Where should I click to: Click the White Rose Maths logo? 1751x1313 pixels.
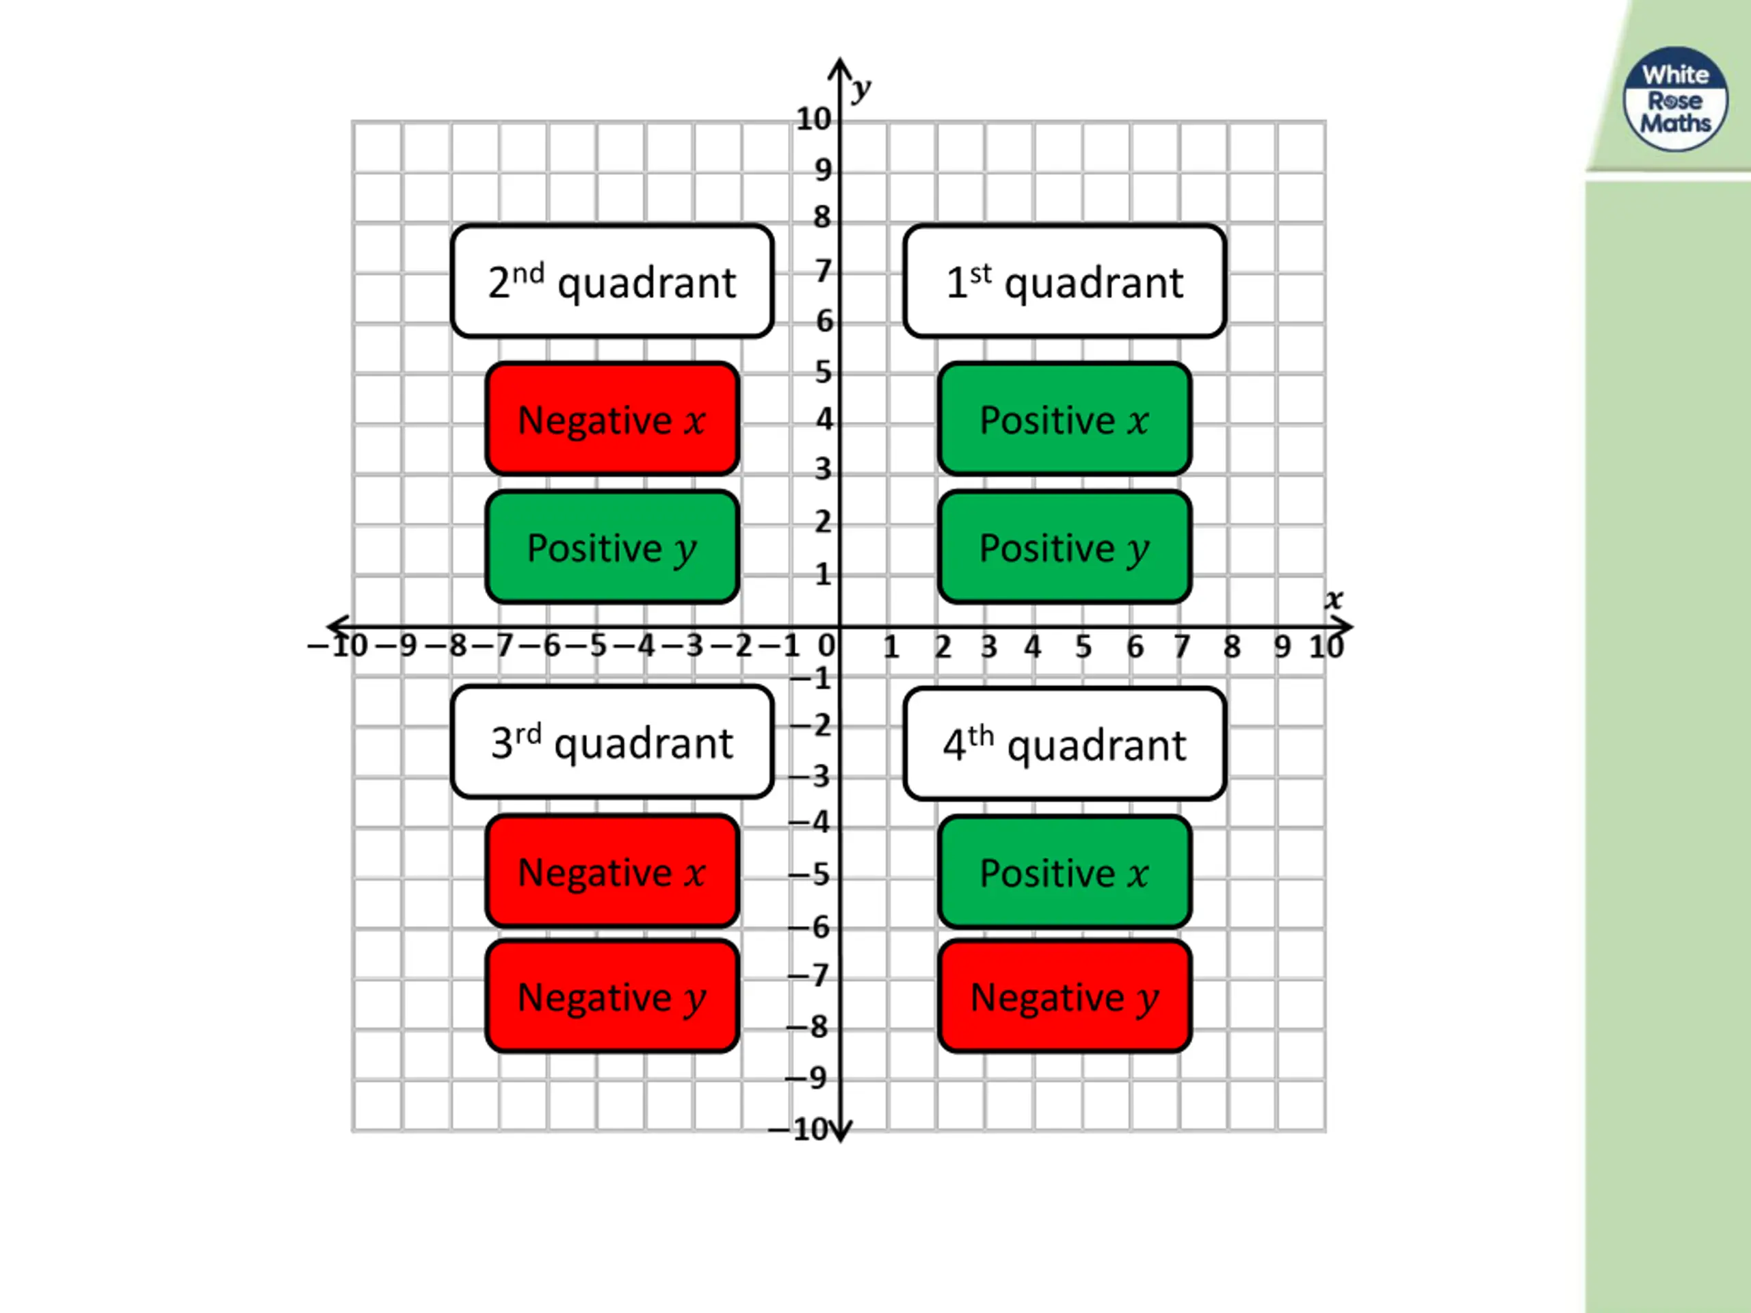tap(1674, 99)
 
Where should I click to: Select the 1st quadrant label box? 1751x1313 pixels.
tap(1064, 282)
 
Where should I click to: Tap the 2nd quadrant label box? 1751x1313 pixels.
tap(612, 282)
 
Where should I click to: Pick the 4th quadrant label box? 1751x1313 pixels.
tap(1064, 744)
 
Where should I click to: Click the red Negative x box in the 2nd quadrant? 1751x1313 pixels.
tap(612, 419)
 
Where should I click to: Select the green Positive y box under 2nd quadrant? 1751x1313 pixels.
tap(612, 547)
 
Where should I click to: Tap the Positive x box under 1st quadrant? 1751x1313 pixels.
tap(1064, 419)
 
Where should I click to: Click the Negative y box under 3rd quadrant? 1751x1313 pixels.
tap(612, 996)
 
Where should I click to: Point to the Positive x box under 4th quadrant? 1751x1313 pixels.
tap(1064, 872)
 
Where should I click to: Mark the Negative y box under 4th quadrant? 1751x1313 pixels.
tap(1064, 996)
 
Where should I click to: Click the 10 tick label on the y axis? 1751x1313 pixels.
tap(813, 120)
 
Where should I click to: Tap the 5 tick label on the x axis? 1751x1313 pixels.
tap(1083, 648)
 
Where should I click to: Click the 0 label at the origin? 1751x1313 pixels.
tap(826, 646)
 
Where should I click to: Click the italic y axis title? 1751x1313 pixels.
tap(861, 89)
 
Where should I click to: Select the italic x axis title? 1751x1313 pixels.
tap(1334, 599)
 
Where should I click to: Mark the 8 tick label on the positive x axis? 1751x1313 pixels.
tap(1232, 648)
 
